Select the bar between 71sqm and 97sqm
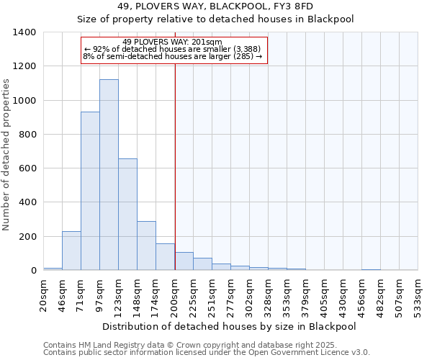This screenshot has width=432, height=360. (x=90, y=191)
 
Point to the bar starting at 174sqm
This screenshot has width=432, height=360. (x=165, y=257)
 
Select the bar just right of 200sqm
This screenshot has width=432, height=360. (x=184, y=261)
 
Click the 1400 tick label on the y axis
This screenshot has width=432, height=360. (x=24, y=32)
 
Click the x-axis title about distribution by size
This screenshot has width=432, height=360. (x=229, y=326)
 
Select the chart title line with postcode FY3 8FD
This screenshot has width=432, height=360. (x=215, y=6)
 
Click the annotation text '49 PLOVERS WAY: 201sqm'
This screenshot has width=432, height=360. (x=173, y=42)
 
